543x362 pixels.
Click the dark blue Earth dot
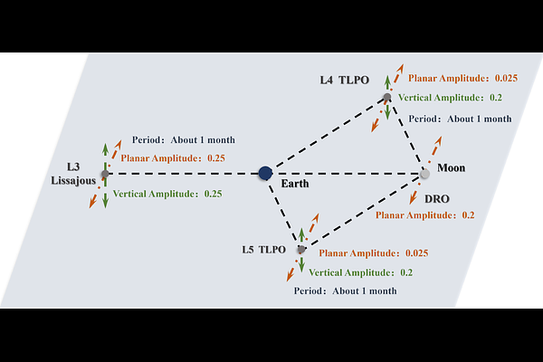coord(265,173)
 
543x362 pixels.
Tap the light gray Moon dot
coord(424,174)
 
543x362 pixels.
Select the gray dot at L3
coord(105,174)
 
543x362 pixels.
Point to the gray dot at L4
coord(387,97)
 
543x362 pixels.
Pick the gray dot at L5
coord(301,249)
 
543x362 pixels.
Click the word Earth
coord(295,184)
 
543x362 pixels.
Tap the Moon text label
coord(452,168)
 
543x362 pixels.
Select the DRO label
coord(437,199)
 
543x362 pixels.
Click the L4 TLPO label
coord(344,80)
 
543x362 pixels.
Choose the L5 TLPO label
coord(263,250)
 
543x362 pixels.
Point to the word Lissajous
coord(73,181)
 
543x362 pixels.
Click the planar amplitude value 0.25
coord(216,158)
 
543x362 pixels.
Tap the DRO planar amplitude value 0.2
coord(468,215)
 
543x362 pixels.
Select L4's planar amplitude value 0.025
coord(506,78)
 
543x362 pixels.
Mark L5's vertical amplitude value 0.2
coord(406,272)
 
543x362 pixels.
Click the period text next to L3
coord(184,140)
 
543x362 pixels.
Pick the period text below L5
coord(346,291)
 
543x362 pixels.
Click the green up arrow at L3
coord(105,149)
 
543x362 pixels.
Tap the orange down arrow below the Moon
coord(413,198)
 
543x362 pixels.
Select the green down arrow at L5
coord(301,265)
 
